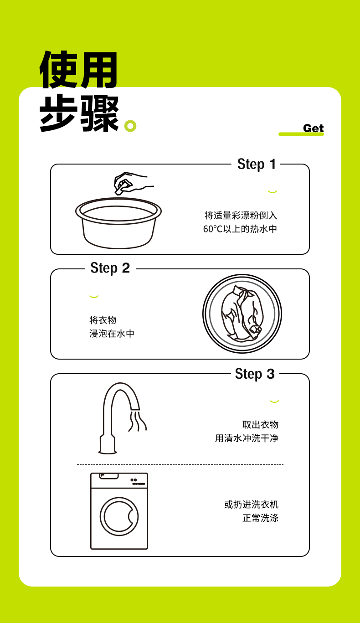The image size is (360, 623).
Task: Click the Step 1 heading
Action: pos(256,164)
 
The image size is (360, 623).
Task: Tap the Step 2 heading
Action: pos(110,268)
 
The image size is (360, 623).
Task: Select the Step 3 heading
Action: pos(255,374)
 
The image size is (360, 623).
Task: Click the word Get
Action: pos(314,128)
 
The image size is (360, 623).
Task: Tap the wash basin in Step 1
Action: pos(118,223)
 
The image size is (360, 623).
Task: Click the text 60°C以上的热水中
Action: pos(240,229)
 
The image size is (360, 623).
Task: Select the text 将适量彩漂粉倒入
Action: pos(241,215)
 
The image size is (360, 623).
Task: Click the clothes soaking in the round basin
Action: pos(242,314)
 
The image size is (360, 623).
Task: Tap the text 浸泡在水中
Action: pos(112,333)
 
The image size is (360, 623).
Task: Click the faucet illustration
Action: pos(119,418)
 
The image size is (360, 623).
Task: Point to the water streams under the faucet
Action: pos(137,421)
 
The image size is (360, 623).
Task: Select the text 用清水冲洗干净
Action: pos(247,438)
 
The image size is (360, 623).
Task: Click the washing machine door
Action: pos(119,516)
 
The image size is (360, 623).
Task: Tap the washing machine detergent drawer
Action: pos(109,476)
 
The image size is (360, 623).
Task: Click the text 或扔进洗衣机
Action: pos(251,504)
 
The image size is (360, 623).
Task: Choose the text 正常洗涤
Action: pos(261,518)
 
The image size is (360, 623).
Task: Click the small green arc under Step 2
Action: pos(94,297)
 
